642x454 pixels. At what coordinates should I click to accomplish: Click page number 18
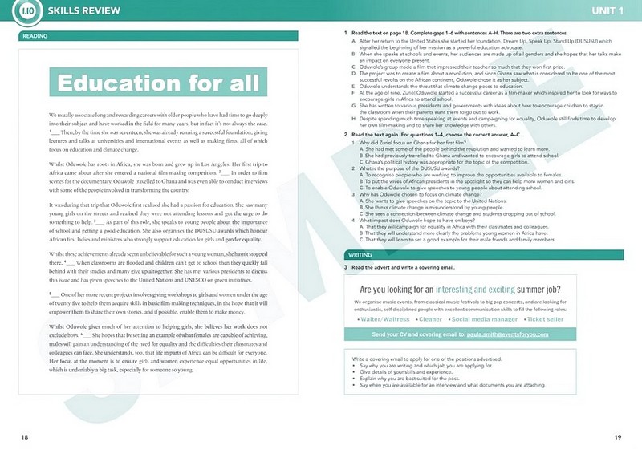click(25, 436)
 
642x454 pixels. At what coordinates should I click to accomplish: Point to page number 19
click(618, 436)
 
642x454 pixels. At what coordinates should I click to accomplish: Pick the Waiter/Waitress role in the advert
click(388, 319)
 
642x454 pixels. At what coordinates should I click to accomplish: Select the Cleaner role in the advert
click(435, 319)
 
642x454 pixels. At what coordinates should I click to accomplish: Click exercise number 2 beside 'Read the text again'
click(345, 134)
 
